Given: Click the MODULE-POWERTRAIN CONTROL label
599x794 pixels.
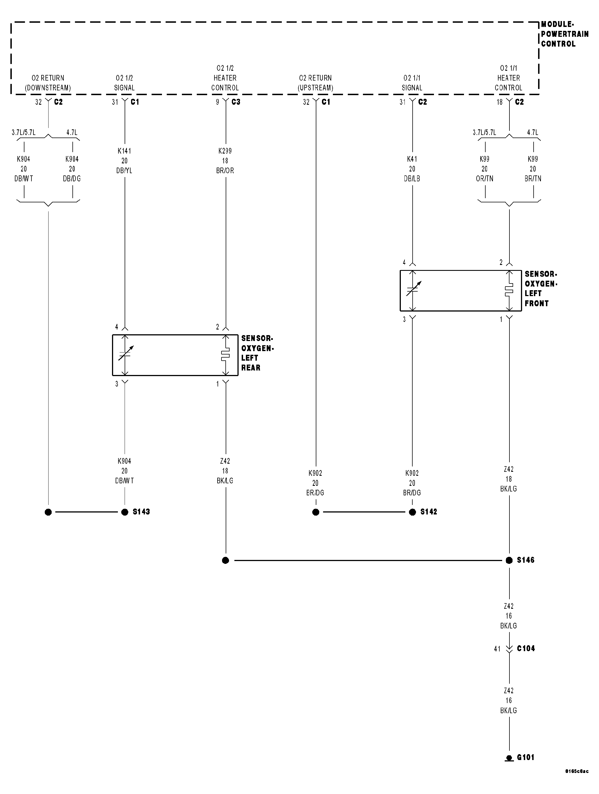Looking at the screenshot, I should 564,34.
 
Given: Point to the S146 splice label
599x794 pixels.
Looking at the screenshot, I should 525,560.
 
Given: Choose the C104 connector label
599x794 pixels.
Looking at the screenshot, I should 525,648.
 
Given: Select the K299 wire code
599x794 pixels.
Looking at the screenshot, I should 225,151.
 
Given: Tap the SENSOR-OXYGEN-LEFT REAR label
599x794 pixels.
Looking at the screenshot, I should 257,353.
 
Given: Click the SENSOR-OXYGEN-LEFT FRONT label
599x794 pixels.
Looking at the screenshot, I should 541,289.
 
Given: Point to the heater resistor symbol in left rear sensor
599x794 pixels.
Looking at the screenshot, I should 225,355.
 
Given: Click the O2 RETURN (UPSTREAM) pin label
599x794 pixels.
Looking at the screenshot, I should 315,83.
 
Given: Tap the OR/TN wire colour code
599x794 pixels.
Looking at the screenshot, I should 484,179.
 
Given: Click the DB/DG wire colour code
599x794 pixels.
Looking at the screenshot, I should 72,179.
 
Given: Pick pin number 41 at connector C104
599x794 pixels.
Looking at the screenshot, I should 497,649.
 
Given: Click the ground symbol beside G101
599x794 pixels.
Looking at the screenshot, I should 509,758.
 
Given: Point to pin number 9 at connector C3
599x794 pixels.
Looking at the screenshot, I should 218,102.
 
